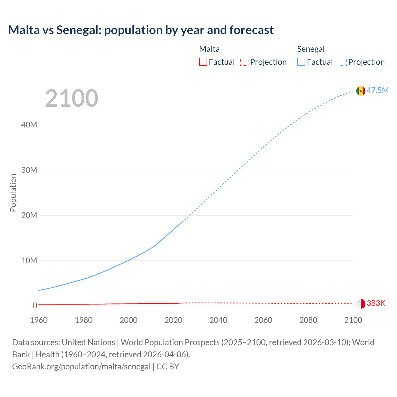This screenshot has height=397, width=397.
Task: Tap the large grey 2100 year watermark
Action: tap(72, 98)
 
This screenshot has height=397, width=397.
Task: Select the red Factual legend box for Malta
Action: tap(203, 62)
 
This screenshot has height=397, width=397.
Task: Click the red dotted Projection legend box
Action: tap(244, 62)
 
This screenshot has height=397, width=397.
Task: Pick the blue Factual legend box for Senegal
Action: tap(301, 62)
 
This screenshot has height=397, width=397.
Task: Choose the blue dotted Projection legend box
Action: tap(343, 62)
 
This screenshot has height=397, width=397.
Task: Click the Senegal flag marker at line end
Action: tap(361, 91)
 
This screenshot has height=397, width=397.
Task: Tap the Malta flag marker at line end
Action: tap(361, 304)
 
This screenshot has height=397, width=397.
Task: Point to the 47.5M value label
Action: tap(378, 90)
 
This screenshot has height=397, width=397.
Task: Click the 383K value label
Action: tap(376, 303)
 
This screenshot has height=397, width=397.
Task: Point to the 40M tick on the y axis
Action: tap(29, 125)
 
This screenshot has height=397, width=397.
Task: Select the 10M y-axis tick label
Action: tap(29, 261)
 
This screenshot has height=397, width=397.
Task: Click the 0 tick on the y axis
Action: tap(35, 306)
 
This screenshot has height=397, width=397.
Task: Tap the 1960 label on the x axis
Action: tap(39, 320)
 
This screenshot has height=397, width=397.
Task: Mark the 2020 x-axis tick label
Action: tap(173, 320)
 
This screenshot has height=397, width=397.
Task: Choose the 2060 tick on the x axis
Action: tap(263, 320)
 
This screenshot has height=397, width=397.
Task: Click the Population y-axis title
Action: tap(13, 193)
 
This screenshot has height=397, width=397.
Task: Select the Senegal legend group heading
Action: tap(311, 49)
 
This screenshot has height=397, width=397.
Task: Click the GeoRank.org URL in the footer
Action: tap(81, 367)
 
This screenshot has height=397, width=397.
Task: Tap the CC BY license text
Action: tap(168, 367)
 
